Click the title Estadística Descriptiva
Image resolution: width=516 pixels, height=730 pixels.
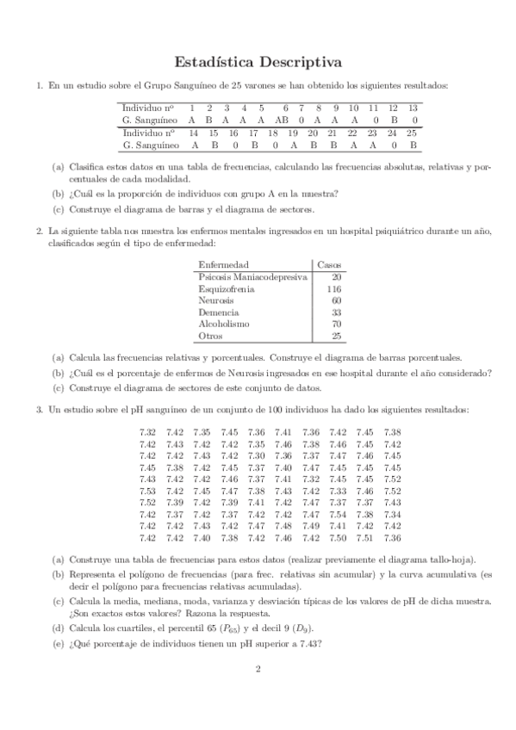[x=258, y=62]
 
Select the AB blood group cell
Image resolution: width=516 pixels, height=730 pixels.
[x=283, y=121]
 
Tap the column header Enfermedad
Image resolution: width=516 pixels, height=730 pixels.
[x=223, y=263]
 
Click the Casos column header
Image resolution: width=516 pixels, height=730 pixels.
[x=330, y=263]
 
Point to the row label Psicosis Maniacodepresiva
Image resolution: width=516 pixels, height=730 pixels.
[x=252, y=277]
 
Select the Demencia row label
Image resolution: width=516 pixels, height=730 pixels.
[x=219, y=312]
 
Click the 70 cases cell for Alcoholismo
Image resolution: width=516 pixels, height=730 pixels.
[x=336, y=325]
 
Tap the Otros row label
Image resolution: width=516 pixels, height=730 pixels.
[x=210, y=337]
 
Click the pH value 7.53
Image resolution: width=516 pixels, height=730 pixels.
[x=147, y=491]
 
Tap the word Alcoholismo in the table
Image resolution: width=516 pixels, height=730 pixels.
[x=224, y=325]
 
